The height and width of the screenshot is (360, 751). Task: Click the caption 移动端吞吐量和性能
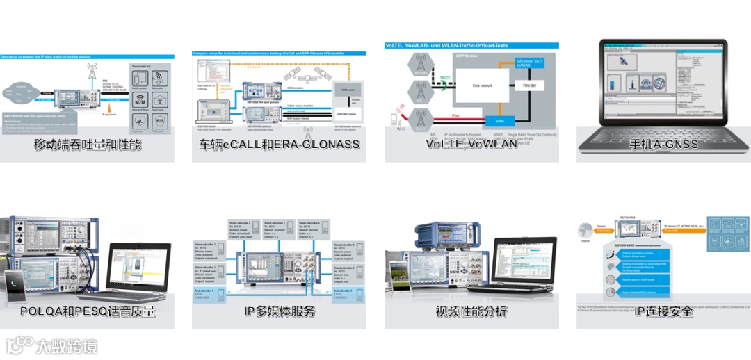(x=88, y=145)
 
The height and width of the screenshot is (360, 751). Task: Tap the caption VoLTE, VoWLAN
(x=471, y=144)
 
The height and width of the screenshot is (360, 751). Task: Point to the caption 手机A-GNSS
(x=663, y=145)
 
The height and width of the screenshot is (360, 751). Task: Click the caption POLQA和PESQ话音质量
(x=88, y=311)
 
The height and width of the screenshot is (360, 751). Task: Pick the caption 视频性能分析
(x=471, y=311)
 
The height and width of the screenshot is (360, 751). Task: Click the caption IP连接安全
(x=663, y=311)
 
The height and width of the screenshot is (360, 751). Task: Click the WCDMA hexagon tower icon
(x=420, y=65)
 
